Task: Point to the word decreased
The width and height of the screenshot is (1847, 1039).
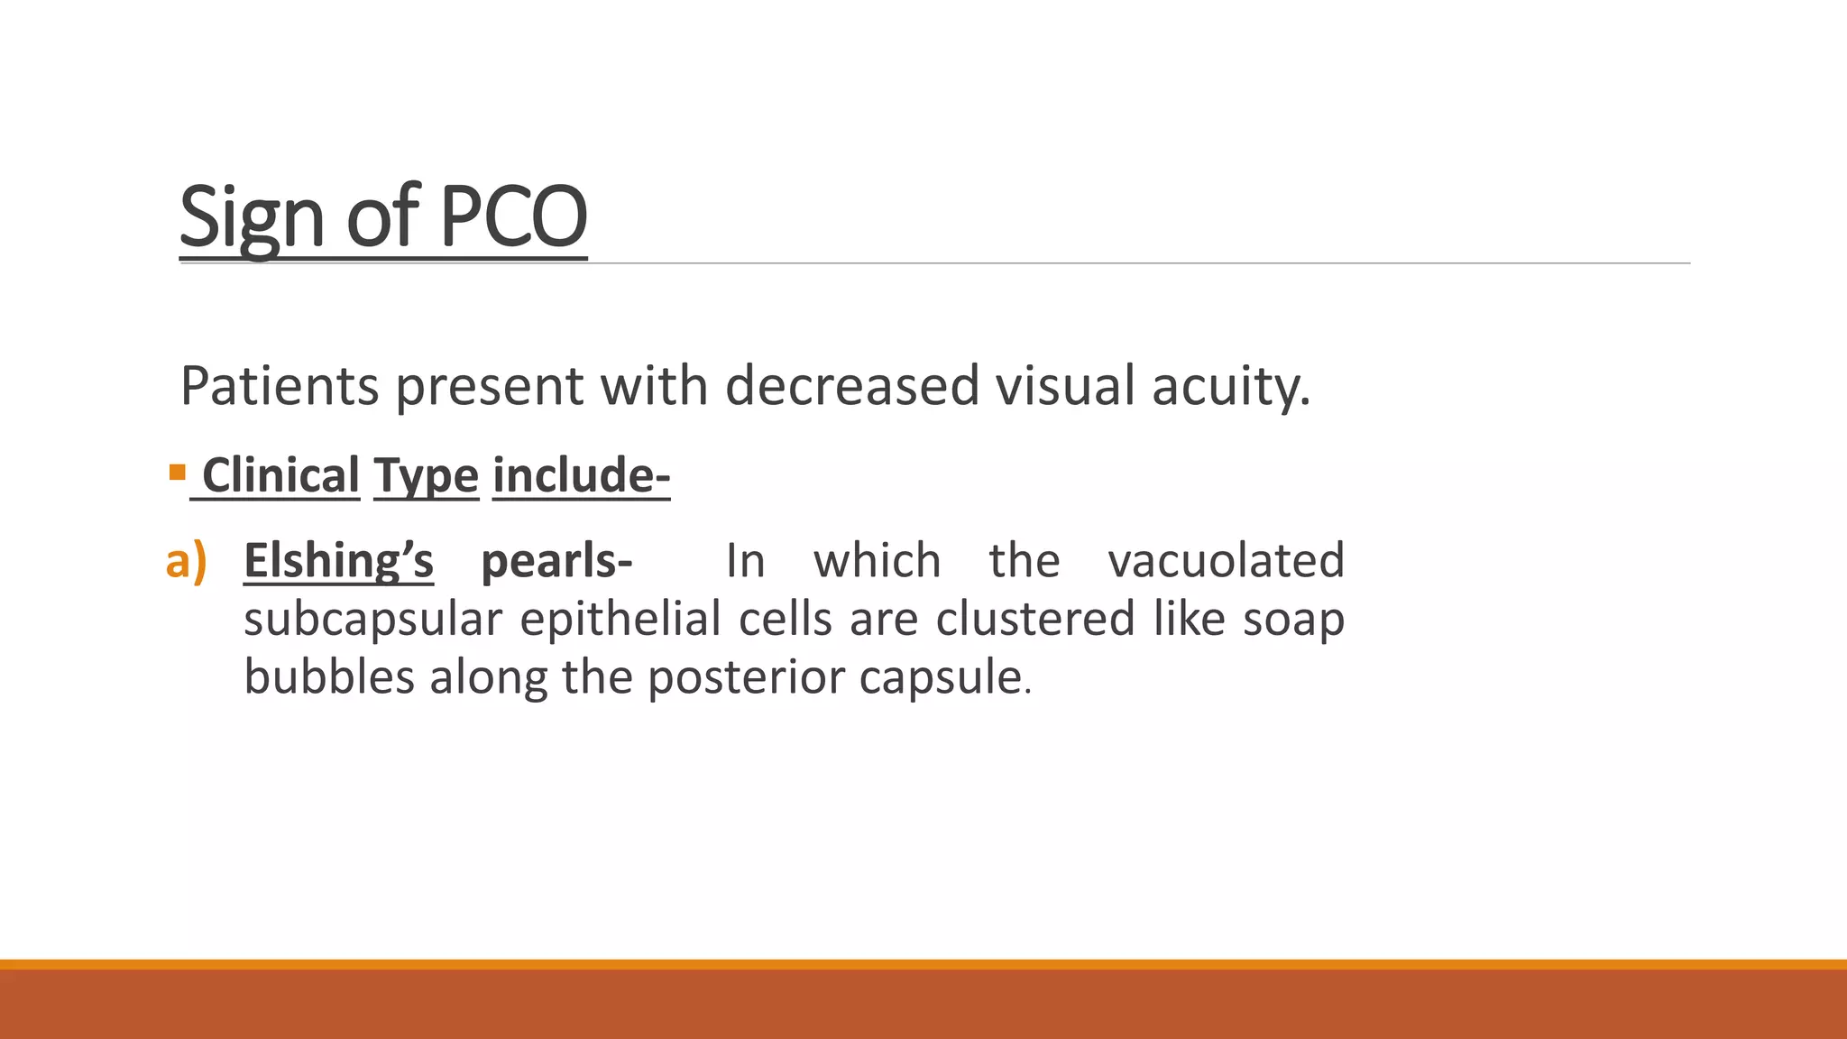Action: (851, 386)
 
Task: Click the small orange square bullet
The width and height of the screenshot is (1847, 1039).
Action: (177, 472)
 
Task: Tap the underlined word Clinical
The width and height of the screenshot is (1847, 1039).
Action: (280, 475)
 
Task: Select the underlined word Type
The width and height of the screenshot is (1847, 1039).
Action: (426, 475)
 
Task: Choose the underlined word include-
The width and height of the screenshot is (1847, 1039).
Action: (581, 475)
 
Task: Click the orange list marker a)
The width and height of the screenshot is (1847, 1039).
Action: (187, 561)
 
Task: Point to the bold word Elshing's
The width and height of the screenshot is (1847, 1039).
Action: (338, 561)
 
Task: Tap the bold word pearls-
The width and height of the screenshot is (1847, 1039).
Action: (556, 561)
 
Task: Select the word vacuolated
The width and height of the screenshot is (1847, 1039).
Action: (1226, 561)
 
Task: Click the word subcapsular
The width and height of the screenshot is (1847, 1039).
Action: (372, 620)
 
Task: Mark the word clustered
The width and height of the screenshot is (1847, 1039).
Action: (1034, 620)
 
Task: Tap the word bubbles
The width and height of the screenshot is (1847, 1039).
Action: (329, 676)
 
